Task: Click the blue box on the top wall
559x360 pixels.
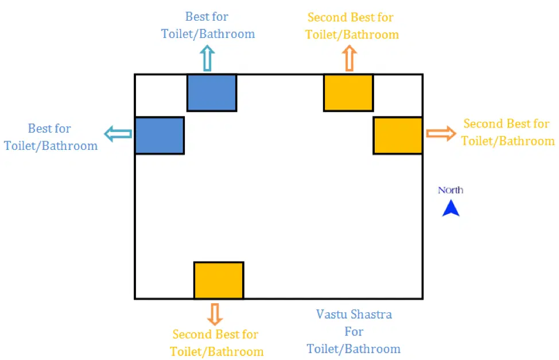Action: (212, 92)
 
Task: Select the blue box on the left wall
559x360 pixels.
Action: (160, 136)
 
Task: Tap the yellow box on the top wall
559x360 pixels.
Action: (348, 92)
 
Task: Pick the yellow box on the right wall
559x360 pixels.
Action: (398, 136)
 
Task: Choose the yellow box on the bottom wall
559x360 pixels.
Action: (219, 280)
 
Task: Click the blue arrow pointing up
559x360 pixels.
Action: (207, 59)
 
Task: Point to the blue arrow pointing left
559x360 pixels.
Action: (118, 134)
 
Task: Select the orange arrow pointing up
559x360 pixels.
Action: (349, 59)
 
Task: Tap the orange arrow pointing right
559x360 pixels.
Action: (441, 134)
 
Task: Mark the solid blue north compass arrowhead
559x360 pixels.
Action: (451, 208)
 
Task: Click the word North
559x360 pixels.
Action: (451, 190)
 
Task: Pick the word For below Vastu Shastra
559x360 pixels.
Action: (354, 332)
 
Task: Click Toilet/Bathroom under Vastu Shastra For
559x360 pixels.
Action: (354, 349)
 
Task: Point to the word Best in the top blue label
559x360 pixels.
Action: (197, 17)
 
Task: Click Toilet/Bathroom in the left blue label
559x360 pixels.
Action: (51, 146)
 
